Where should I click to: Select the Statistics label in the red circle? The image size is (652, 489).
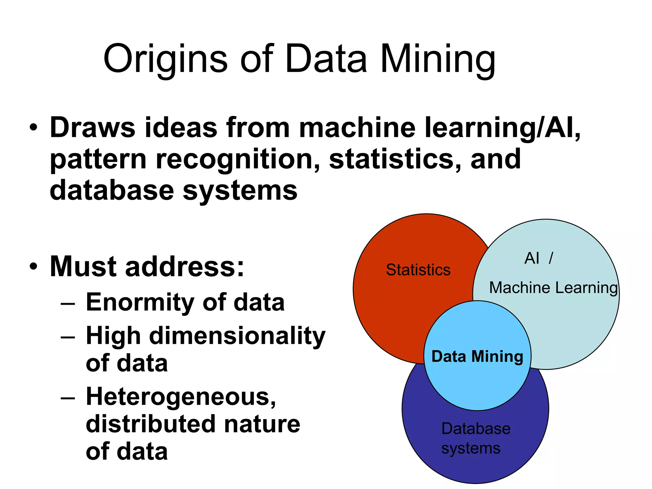418,270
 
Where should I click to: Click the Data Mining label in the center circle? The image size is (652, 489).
477,356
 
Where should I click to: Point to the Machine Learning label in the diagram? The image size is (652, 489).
553,288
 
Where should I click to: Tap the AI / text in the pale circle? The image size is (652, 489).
539,258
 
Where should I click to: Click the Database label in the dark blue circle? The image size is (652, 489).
476,429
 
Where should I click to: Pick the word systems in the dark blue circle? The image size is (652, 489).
471,449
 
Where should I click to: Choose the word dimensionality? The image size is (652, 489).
237,336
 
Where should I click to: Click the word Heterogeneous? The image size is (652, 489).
181,397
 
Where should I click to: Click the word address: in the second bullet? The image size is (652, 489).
184,267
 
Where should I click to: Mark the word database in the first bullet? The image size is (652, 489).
112,190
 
